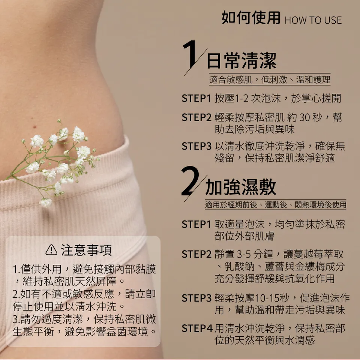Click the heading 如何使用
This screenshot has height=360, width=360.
point(251,18)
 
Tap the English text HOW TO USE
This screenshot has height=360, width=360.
point(313,20)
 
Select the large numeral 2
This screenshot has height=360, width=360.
point(191,183)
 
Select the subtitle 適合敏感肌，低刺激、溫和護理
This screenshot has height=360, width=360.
point(270,79)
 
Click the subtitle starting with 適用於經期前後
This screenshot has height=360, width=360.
point(275,205)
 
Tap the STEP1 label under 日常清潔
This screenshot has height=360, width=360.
point(196,99)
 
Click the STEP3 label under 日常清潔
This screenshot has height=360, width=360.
point(196,146)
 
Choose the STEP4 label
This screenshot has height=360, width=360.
point(197,328)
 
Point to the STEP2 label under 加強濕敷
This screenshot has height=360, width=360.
point(196,254)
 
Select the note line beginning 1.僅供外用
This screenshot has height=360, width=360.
point(84,269)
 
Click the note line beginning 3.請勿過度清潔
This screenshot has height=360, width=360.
point(84,319)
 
